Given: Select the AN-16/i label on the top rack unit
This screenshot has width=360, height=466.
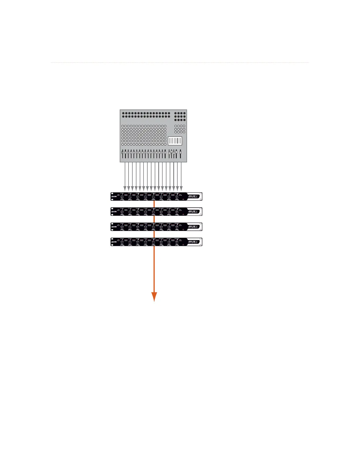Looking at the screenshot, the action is pos(194,196).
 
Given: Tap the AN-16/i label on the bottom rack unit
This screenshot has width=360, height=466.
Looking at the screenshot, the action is pos(194,242).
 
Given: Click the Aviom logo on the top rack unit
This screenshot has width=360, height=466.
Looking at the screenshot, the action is pos(114,197).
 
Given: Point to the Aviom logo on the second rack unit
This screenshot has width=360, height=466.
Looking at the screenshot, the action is pos(114,212).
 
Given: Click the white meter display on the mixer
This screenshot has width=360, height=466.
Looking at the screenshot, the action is pos(175,141).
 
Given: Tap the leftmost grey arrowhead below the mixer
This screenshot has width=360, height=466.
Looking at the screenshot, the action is pos(125,188).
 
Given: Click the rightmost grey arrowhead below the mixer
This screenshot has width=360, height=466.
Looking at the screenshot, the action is pos(181,188).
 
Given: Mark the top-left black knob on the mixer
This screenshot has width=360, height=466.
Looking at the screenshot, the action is pos(123,113).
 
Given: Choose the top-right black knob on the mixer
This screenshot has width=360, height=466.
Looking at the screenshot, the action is pos(184,113).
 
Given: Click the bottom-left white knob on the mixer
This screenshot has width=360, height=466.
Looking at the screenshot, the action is pos(123,144).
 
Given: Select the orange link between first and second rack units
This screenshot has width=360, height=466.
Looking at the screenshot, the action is pos(154,204).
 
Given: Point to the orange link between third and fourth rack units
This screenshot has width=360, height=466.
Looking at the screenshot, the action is pos(154,234).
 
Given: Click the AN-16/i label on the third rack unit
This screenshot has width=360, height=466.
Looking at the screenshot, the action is pos(194,227).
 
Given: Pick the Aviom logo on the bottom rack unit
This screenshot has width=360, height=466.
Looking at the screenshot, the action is pos(114,242).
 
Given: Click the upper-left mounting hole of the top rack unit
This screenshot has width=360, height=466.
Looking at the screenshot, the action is pos(112,194).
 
